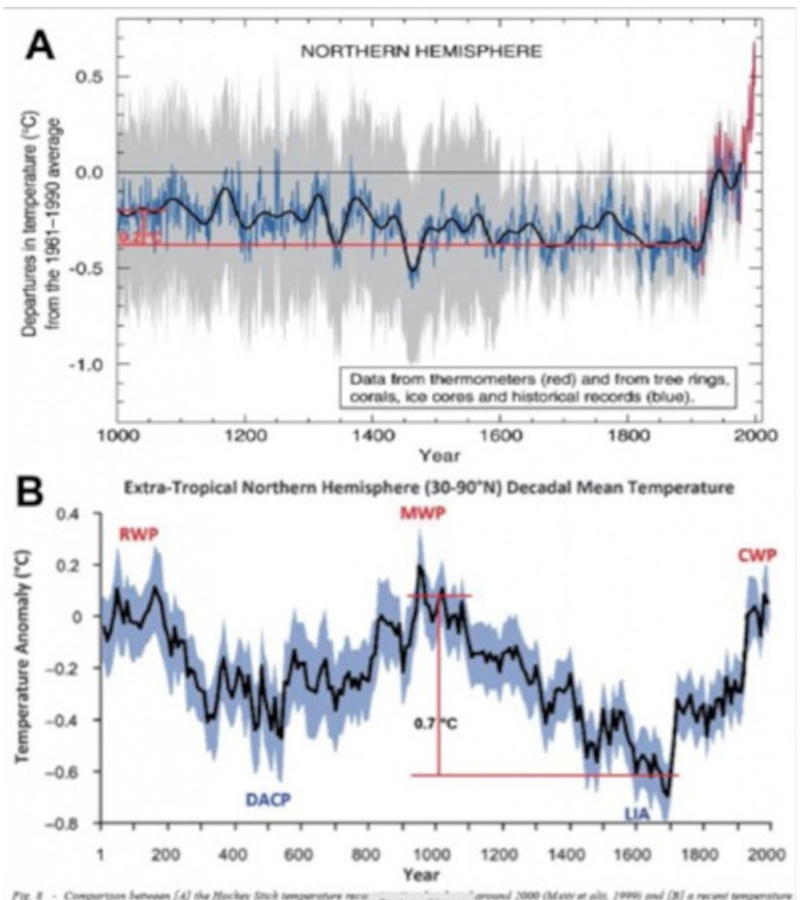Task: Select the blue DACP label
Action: click(268, 801)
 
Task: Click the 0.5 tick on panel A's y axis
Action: click(92, 77)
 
